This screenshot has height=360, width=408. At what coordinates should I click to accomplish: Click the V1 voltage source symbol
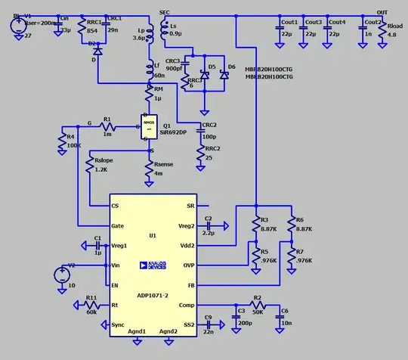coord(17,24)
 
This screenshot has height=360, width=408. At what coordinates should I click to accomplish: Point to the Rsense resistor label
coord(164,166)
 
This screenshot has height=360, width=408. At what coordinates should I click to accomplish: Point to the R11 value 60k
coord(91,312)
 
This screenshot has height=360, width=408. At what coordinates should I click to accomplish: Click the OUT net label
coord(382,14)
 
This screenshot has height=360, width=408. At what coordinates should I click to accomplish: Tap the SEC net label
coord(165,14)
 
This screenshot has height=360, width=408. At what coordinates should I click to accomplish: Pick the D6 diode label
coord(231,67)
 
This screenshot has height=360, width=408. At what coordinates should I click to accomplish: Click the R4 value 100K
coord(74,145)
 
